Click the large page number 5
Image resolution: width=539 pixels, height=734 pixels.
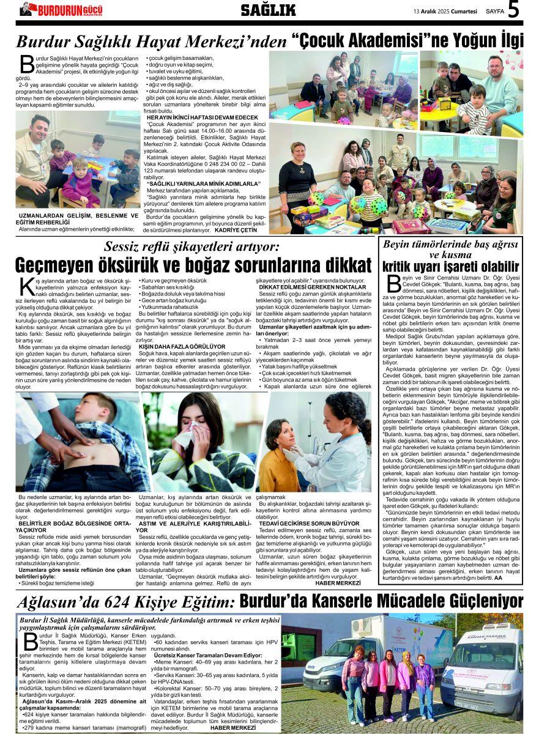click(513, 10)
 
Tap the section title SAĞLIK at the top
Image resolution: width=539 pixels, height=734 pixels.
click(268, 10)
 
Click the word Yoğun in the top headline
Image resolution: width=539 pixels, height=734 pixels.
click(457, 41)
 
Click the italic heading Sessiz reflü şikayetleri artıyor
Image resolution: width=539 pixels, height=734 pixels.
click(191, 247)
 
